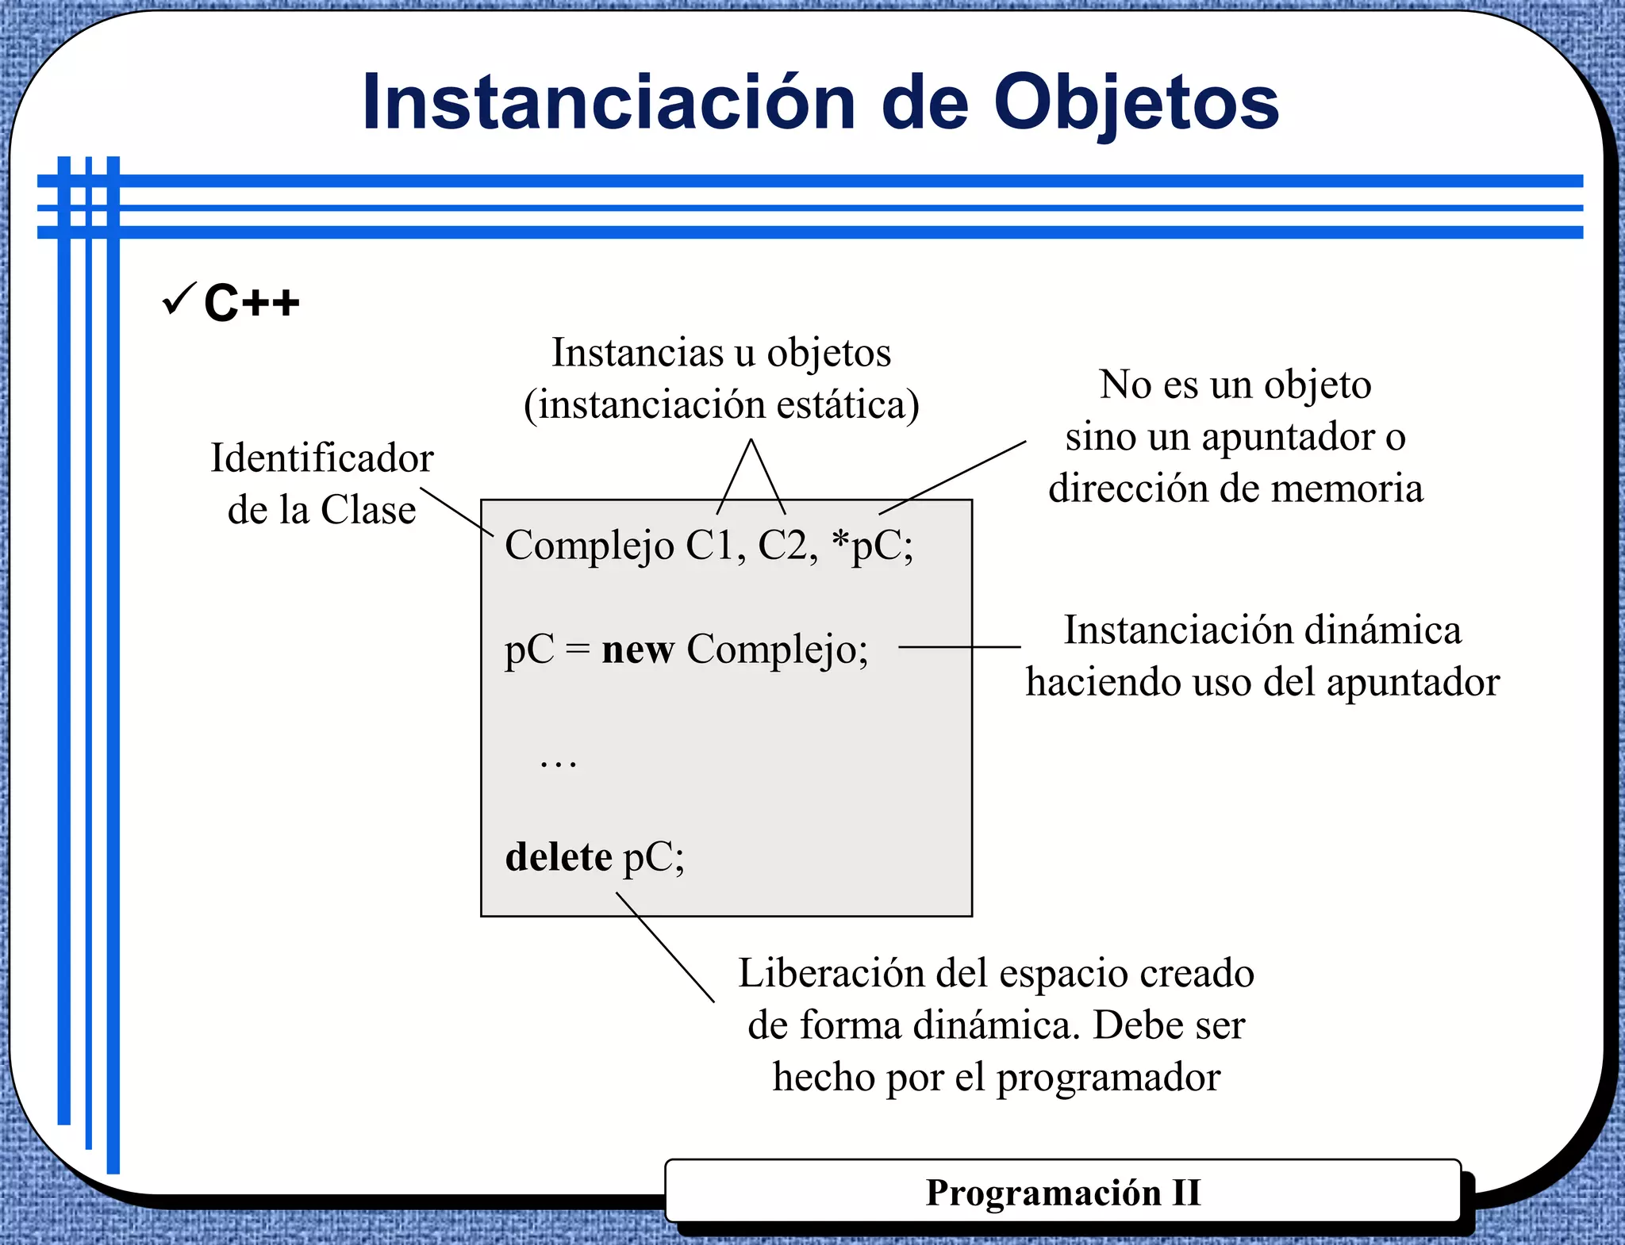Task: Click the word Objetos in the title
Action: [1135, 103]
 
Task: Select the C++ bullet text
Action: [252, 303]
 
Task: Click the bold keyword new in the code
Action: [638, 649]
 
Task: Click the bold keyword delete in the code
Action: [559, 857]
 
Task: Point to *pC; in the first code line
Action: [872, 546]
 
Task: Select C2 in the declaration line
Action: [787, 546]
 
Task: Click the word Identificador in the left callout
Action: [321, 458]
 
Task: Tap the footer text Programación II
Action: [1062, 1193]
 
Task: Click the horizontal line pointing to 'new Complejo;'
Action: [958, 647]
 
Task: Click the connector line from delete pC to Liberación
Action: [665, 947]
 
